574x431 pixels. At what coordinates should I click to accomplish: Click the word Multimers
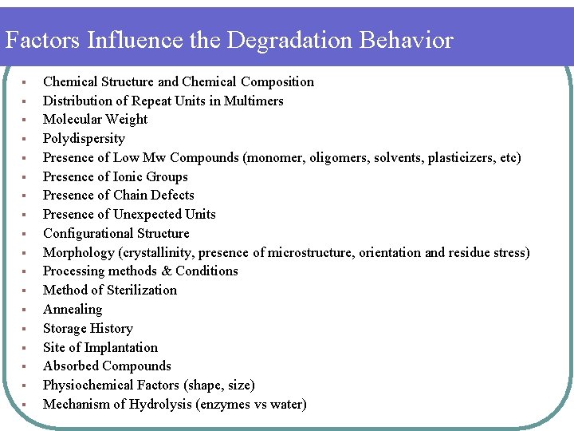click(x=254, y=101)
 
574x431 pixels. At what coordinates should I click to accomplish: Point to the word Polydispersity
click(x=84, y=139)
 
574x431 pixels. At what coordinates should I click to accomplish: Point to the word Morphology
click(x=79, y=253)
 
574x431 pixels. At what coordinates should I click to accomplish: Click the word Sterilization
click(x=142, y=291)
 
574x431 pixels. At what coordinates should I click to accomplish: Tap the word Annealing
click(x=73, y=310)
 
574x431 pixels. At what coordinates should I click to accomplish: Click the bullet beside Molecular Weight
click(x=26, y=121)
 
